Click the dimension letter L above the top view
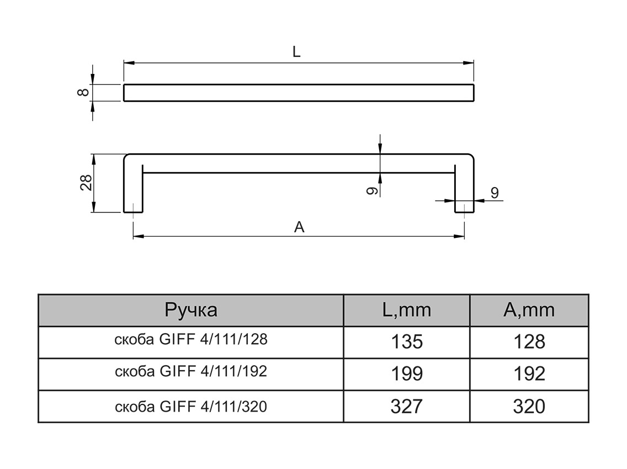[296, 52]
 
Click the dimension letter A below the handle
[299, 227]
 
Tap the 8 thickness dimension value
[83, 93]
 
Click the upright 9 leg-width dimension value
[494, 193]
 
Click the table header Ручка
[190, 310]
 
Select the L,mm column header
[406, 310]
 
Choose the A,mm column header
[529, 310]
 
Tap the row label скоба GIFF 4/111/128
[190, 340]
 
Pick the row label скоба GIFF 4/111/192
[190, 372]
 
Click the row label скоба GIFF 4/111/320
[190, 407]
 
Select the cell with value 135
[406, 342]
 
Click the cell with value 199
[406, 374]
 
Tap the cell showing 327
[406, 407]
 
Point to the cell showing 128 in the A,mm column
[529, 342]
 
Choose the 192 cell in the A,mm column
[529, 374]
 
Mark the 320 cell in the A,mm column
[529, 407]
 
